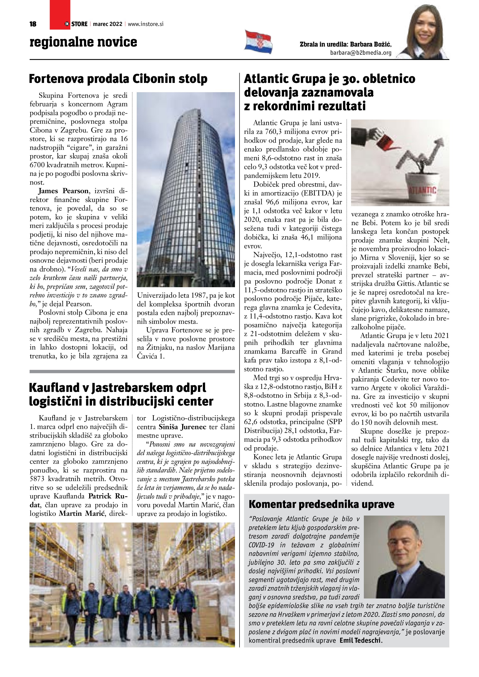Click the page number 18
pos(33,24)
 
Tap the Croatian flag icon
pos(258,42)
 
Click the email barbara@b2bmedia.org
pos(361,53)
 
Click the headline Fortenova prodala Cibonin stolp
pos(118,79)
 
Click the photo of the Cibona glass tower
pos(186,189)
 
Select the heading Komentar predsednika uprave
pos(321,504)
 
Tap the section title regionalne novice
pos(83,42)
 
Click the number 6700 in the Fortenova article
pos(39,165)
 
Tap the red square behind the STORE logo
pos(60,12)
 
